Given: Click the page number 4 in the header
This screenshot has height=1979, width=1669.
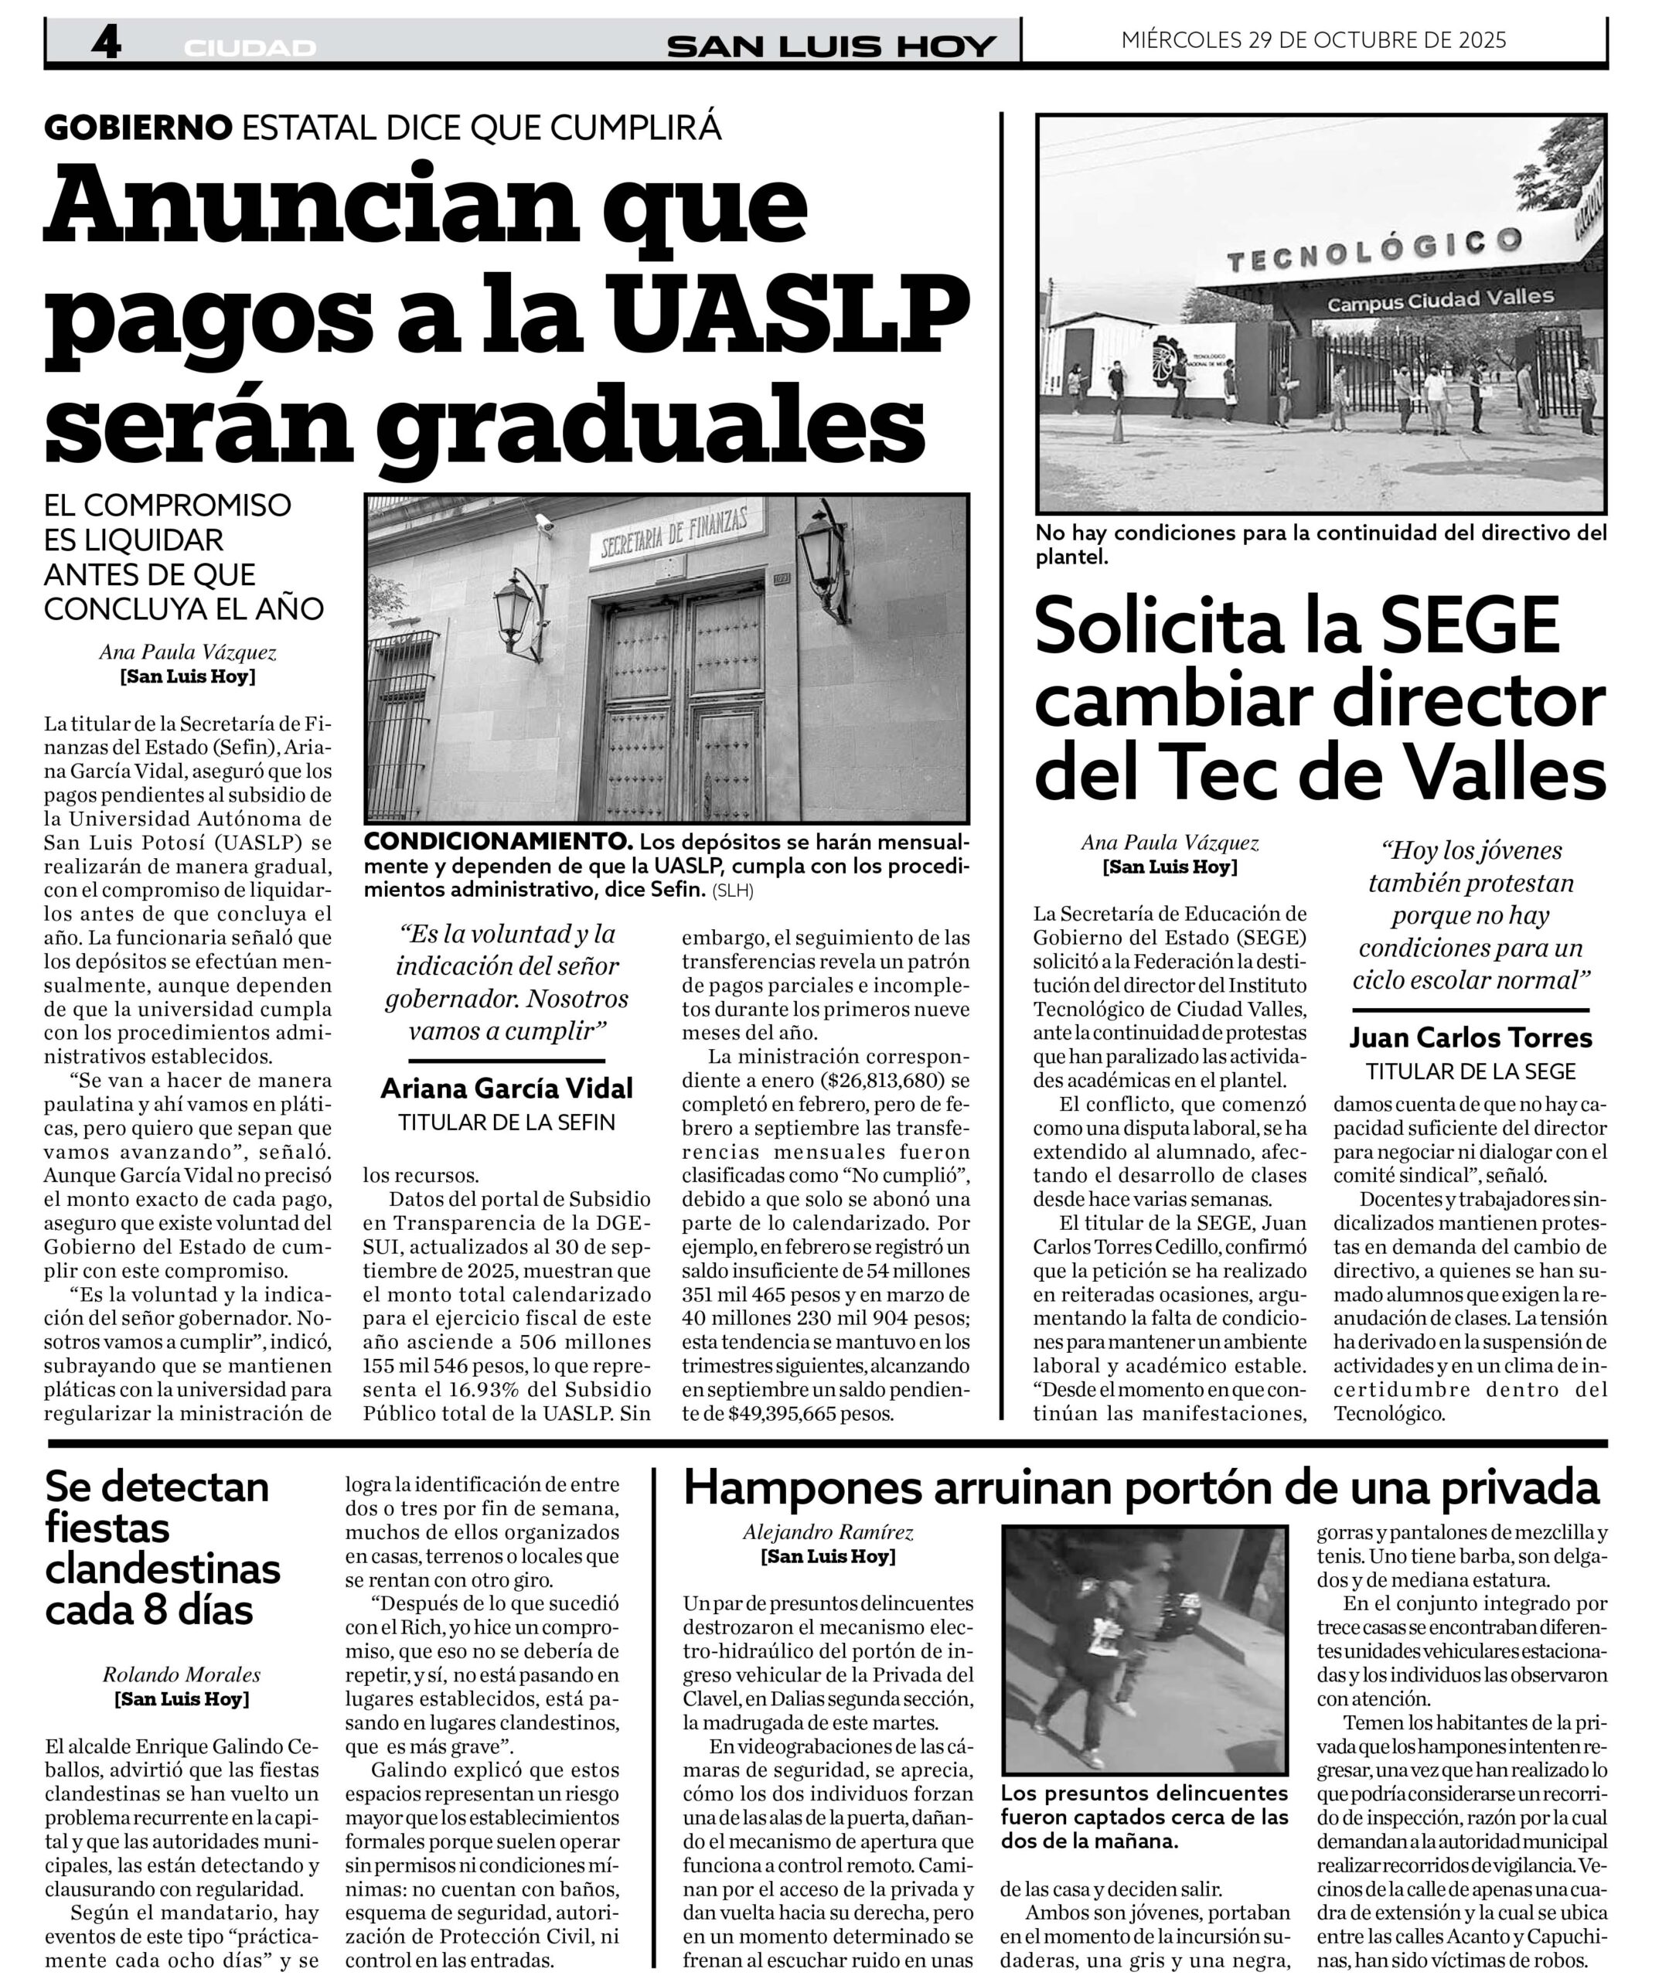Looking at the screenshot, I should pos(106,43).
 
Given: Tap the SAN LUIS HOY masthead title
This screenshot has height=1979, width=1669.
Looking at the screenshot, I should pos(831,46).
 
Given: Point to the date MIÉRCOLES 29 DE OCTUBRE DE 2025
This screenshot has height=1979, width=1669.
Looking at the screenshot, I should pos(1313,39).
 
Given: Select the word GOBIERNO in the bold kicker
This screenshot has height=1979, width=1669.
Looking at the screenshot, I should pos(138,127).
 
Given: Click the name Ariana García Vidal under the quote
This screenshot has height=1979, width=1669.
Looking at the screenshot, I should pos(506,1088).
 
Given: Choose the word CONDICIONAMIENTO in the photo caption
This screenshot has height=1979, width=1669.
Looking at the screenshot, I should pos(499,841).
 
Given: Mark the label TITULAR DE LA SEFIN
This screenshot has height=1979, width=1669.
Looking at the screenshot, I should pos(506,1123).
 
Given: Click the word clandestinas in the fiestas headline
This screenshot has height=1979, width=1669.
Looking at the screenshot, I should pos(163,1569).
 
